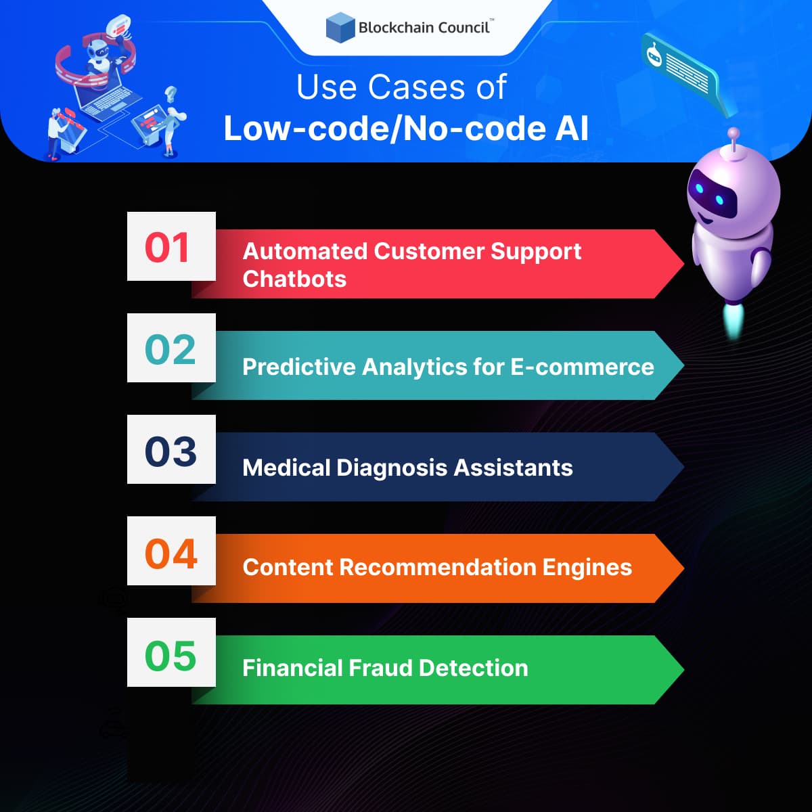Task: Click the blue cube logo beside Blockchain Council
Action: click(340, 28)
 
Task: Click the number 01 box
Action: click(171, 247)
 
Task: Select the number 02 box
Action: click(171, 348)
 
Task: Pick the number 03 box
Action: click(171, 450)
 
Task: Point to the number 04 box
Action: click(171, 551)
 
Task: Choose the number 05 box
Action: click(171, 653)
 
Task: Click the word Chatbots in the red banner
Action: click(294, 279)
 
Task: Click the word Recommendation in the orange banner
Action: click(437, 567)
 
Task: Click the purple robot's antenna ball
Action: click(733, 133)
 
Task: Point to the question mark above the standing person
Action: click(171, 93)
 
